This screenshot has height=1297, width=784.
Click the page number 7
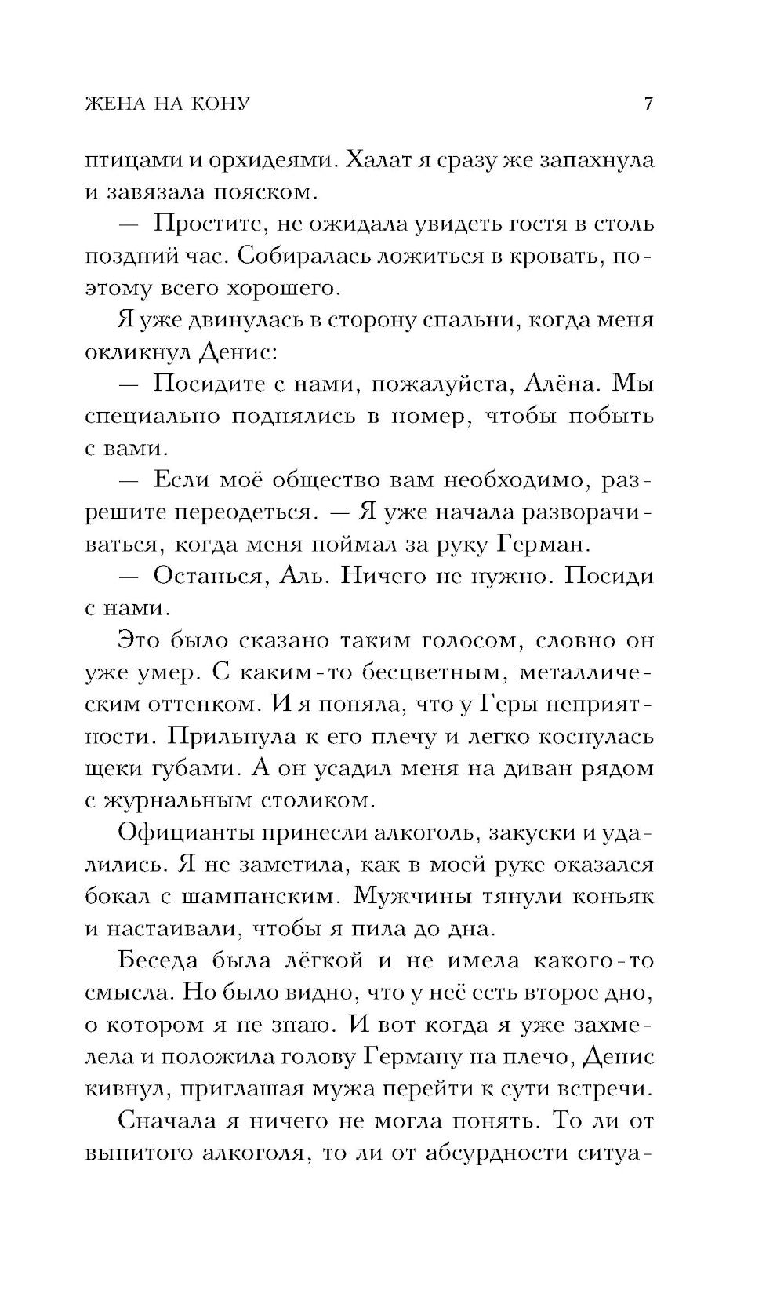click(x=648, y=104)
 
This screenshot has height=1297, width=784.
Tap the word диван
click(x=549, y=768)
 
